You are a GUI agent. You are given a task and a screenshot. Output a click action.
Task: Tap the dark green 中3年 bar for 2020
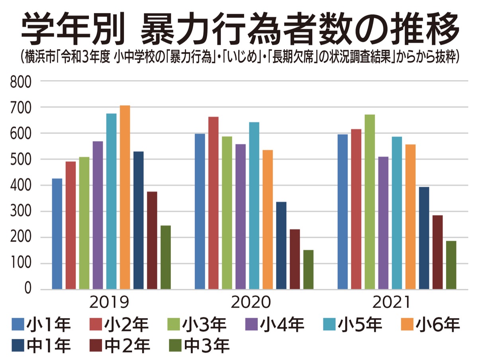point(308,270)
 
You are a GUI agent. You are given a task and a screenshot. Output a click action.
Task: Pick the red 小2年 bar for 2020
point(214,203)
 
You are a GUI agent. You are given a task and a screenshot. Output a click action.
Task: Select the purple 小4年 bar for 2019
point(98,215)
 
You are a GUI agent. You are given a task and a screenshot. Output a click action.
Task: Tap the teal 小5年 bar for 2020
point(254,205)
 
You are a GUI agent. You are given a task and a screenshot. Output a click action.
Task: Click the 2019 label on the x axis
point(110,303)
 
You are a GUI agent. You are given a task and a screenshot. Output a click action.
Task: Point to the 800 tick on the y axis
point(20,82)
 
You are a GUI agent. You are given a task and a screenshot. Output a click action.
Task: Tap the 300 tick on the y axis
point(20,211)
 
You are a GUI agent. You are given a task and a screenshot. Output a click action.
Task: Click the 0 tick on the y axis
point(27,289)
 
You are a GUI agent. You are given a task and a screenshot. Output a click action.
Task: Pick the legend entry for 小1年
point(41,325)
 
